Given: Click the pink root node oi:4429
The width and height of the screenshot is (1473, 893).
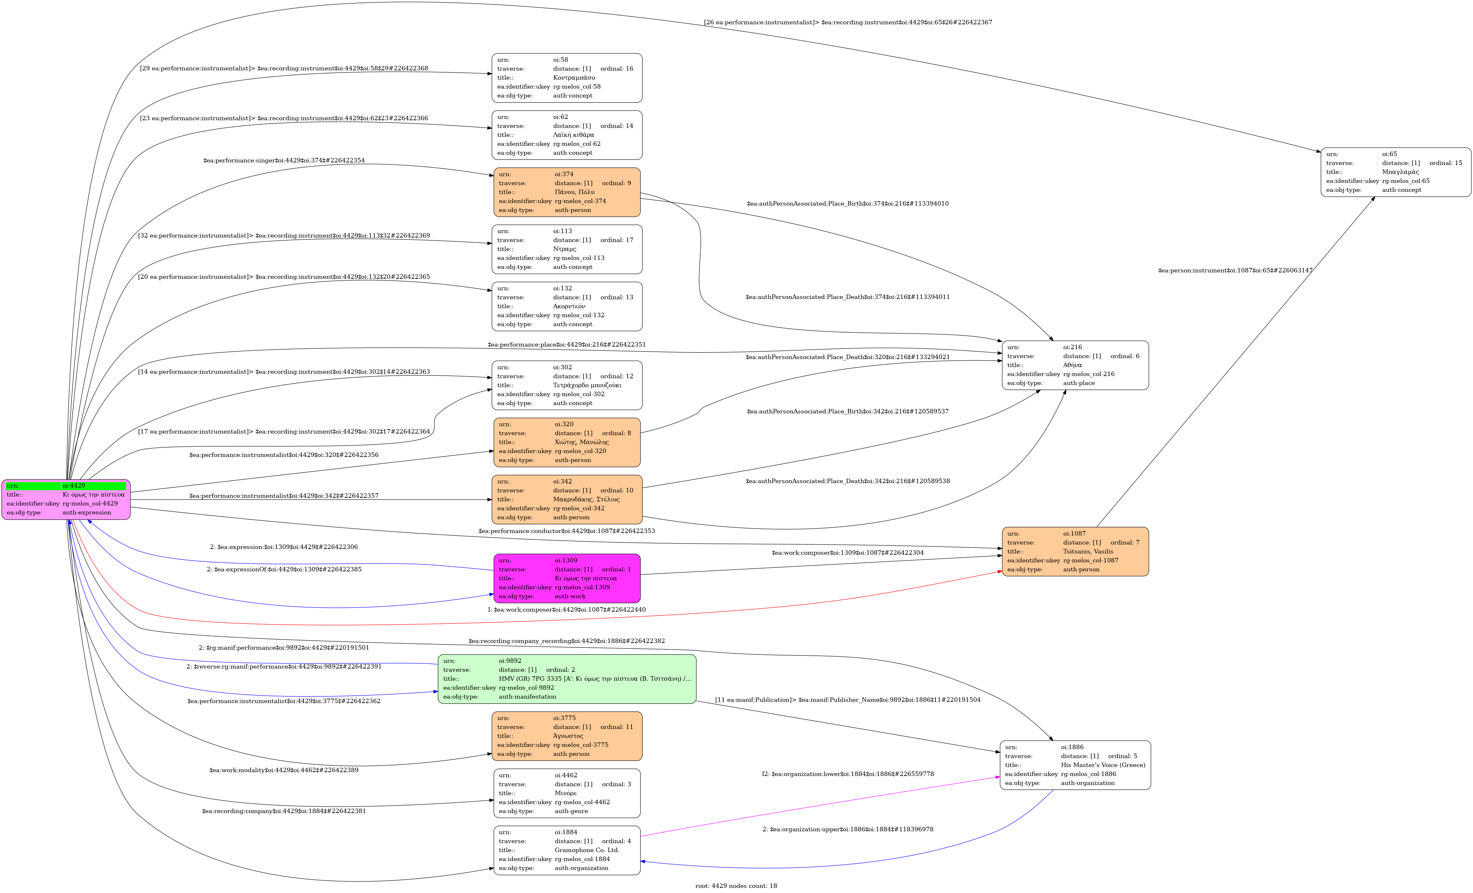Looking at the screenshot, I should point(66,499).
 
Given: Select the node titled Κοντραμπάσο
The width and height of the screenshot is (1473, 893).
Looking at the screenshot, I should point(567,78).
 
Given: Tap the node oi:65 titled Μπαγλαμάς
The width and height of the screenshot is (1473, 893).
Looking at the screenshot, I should point(1395,172).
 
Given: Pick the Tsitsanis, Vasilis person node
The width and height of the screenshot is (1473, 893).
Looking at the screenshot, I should point(1075,552).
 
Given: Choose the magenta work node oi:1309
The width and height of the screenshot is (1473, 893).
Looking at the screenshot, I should point(567,578).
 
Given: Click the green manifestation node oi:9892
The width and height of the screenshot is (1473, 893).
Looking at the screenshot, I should point(567,679).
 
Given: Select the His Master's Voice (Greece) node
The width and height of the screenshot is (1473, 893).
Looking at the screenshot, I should point(1075,765).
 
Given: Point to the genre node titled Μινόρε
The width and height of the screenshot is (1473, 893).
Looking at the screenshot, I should point(567,793).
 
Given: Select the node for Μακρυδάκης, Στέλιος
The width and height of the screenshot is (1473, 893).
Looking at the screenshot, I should point(567,499).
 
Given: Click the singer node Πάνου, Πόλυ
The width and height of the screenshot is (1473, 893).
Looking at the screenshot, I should point(567,192).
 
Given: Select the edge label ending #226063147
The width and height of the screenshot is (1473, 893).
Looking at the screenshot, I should point(1235,270).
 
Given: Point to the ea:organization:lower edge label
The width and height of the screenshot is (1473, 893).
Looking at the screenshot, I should point(847,774).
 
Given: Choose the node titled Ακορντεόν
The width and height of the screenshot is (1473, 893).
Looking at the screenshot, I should point(567,306).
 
